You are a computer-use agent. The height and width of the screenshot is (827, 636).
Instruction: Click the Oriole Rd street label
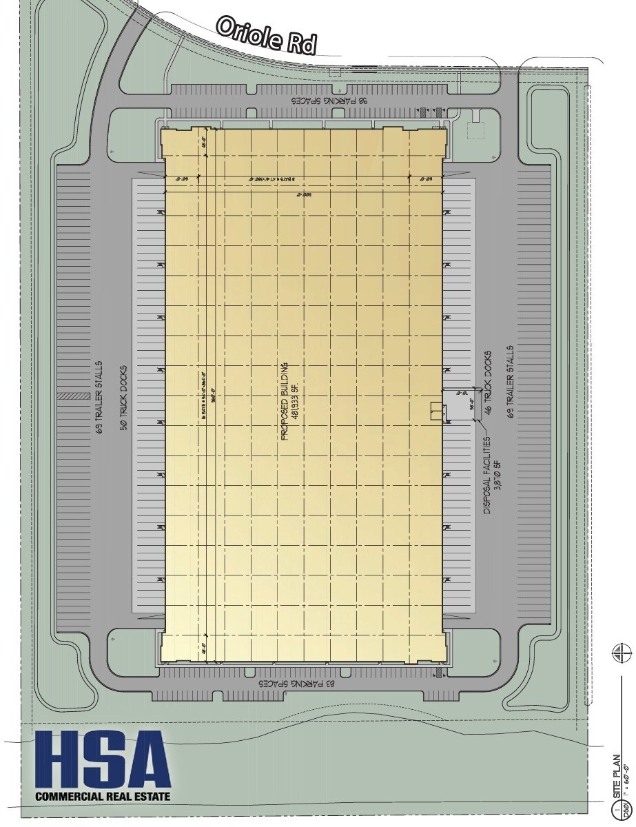click(x=266, y=35)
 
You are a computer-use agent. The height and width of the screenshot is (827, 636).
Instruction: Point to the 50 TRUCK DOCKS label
click(x=125, y=396)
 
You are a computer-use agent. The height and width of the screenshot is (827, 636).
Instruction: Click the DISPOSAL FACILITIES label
click(x=486, y=476)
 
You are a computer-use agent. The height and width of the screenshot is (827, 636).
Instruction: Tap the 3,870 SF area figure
click(x=496, y=476)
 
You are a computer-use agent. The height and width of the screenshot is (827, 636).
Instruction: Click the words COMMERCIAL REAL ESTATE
click(x=102, y=797)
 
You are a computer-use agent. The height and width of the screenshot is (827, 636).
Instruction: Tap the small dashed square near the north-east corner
click(x=476, y=130)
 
